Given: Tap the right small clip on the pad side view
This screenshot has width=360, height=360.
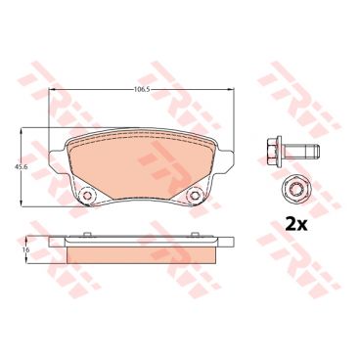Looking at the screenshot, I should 195,234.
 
